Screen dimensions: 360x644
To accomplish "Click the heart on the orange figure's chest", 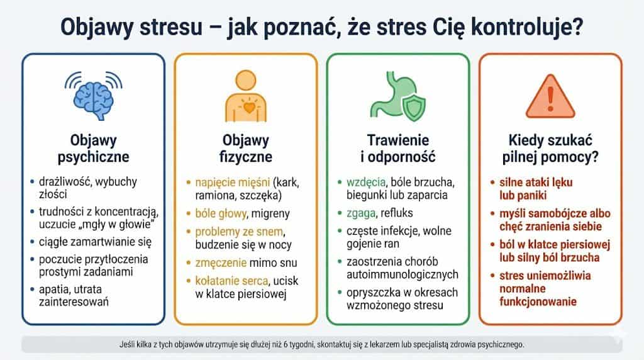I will pyautogui.click(x=250, y=107).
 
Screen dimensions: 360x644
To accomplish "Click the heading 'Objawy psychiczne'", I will pyautogui.click(x=93, y=148).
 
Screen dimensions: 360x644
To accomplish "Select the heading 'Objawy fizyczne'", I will pyautogui.click(x=247, y=148).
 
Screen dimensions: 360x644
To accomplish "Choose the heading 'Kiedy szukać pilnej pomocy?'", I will pyautogui.click(x=551, y=148).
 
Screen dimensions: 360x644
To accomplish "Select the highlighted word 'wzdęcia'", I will pyautogui.click(x=365, y=182).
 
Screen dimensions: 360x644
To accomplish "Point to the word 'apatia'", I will pyautogui.click(x=57, y=289).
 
